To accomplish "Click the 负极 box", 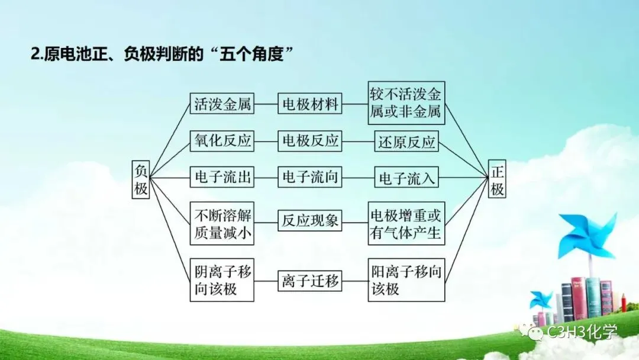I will tap(140, 180).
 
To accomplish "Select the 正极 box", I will tap(497, 180).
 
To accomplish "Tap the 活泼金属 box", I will tap(222, 105).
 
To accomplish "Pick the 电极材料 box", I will tap(310, 105).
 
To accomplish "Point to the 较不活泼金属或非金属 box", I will tap(406, 102).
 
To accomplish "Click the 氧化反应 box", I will tap(222, 141).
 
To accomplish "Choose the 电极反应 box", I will tap(310, 141).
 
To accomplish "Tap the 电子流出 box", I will tap(222, 177).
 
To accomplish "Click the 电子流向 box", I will tap(310, 177).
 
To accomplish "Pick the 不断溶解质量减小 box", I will tap(222, 223).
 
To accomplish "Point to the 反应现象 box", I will tap(310, 221).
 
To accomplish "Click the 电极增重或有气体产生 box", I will tap(406, 223).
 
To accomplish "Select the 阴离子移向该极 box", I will tap(222, 280).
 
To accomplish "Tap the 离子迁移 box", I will tap(310, 281).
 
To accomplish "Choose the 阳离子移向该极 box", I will tap(406, 280).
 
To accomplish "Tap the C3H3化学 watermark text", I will tap(583, 332).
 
